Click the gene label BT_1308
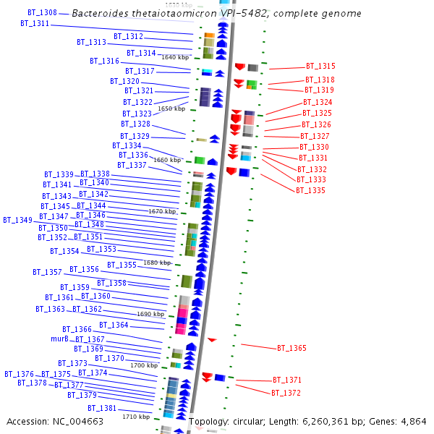(42, 13)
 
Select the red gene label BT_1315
(320, 67)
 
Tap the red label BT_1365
(292, 349)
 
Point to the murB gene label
(59, 339)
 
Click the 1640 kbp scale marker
(175, 57)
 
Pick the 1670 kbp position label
(162, 212)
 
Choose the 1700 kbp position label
(144, 366)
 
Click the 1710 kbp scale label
(136, 417)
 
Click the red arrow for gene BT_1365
(212, 340)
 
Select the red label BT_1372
(286, 393)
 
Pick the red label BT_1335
(310, 190)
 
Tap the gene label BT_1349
(17, 220)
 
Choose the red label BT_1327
(315, 136)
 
